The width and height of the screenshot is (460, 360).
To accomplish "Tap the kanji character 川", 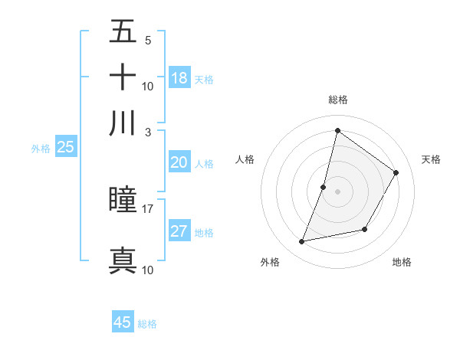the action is click(123, 123).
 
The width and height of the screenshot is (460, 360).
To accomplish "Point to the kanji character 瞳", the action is click(123, 200).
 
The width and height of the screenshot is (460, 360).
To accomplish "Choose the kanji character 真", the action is click(123, 260).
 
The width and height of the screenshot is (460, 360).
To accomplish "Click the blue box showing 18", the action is click(179, 78).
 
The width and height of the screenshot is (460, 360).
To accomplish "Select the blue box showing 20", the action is click(179, 162).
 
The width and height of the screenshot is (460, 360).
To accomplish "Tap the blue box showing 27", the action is click(179, 231).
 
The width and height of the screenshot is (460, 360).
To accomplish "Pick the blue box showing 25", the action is click(65, 147).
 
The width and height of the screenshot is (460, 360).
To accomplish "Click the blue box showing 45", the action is click(123, 322).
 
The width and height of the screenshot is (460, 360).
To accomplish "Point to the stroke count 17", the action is click(148, 208).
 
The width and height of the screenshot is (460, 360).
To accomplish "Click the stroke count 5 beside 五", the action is click(148, 40).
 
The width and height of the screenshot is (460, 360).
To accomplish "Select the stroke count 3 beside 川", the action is click(148, 131).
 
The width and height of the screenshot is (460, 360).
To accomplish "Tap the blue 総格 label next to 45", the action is click(147, 324).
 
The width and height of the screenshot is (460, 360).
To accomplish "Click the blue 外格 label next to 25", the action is click(41, 149).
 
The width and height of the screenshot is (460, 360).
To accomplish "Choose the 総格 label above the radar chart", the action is click(337, 100).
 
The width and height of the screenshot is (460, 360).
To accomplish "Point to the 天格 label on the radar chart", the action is click(431, 159).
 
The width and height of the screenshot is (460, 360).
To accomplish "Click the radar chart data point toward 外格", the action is click(302, 242).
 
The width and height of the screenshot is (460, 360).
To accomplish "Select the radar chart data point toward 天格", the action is click(396, 172).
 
